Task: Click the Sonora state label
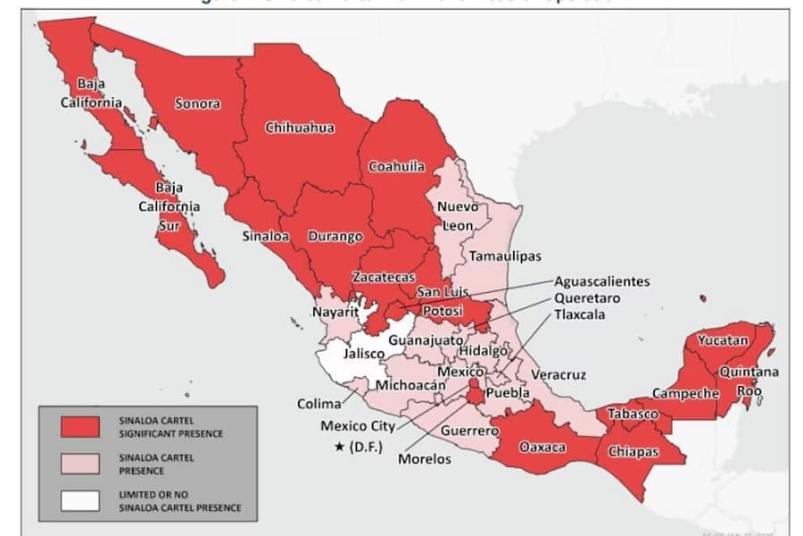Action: point(197,104)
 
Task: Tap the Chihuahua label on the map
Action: point(300,128)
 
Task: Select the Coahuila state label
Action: point(396,166)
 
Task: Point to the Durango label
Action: point(335,237)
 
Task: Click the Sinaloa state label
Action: point(265,237)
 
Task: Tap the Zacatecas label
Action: point(381,277)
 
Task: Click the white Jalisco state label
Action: point(363,354)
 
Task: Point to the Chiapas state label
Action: point(633,452)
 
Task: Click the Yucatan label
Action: point(723,340)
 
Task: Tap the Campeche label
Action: point(685,393)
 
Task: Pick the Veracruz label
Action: point(559,374)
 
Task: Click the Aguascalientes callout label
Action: point(601,281)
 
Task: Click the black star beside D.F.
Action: point(339,446)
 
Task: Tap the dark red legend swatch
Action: point(80,427)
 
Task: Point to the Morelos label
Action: point(426,459)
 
